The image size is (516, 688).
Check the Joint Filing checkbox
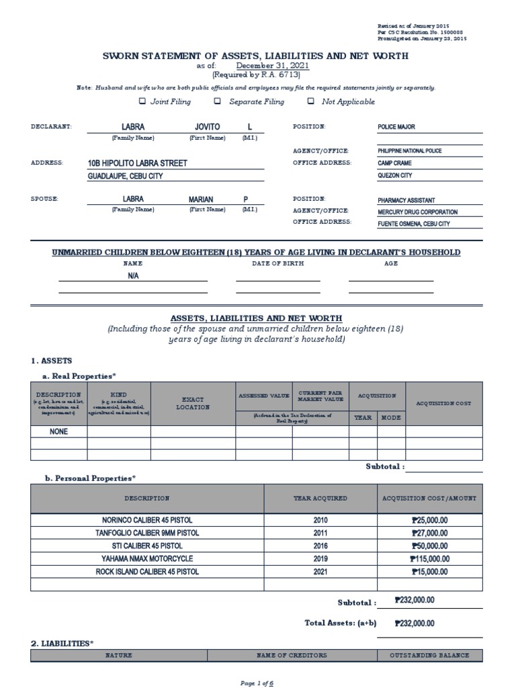[x=142, y=101]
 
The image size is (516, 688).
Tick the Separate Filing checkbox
[x=217, y=101]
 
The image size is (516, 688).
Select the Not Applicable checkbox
[x=310, y=101]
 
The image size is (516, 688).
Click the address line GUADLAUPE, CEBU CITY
[x=126, y=176]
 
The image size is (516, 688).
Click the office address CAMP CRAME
[x=395, y=163]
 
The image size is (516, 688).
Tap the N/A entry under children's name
[x=133, y=276]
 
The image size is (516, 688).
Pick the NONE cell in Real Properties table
[x=59, y=432]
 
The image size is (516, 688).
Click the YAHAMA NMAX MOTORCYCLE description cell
[x=146, y=558]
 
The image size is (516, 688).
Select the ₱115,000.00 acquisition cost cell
[x=429, y=558]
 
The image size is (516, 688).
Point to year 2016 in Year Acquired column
[x=320, y=546]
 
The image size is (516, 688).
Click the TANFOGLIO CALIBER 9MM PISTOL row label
[x=146, y=533]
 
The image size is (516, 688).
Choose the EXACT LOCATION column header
[x=193, y=402]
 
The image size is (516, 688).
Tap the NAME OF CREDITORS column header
[x=292, y=655]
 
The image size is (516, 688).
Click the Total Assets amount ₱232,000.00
[x=414, y=623]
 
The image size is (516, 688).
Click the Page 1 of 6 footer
[x=257, y=683]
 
